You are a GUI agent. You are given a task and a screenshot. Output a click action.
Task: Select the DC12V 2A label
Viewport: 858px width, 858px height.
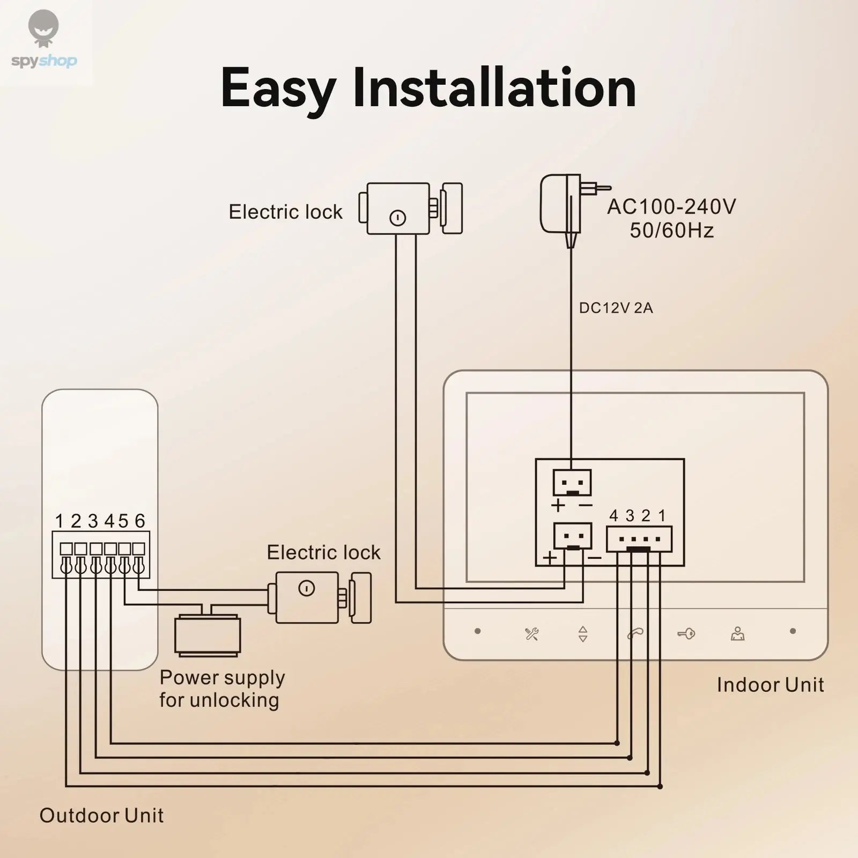coord(616,308)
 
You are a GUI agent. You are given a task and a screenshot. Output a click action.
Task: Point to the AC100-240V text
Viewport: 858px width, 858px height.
coord(671,207)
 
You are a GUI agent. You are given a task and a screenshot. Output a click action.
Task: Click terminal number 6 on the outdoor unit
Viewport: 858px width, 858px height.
coord(140,521)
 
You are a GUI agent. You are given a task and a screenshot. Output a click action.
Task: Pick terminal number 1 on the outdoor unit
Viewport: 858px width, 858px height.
coord(59,521)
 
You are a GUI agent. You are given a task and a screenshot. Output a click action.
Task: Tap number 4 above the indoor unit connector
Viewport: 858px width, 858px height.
coord(614,516)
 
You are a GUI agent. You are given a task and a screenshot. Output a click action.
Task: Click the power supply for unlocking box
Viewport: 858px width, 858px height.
coord(208,635)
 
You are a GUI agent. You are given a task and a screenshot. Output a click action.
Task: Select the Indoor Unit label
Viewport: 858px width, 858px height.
coord(770,685)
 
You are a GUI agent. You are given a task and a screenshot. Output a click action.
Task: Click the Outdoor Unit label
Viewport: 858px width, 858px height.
coord(101,816)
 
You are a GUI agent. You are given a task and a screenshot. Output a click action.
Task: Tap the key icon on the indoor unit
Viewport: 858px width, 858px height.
coord(686,634)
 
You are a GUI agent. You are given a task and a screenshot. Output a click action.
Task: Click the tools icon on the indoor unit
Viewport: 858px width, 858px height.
coord(531,634)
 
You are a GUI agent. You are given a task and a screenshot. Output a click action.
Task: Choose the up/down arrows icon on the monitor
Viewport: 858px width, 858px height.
coord(583,634)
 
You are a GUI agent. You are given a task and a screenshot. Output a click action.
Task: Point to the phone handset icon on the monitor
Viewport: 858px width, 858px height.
coord(635,634)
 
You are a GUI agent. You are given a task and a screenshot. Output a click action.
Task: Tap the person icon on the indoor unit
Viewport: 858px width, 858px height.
coord(738,634)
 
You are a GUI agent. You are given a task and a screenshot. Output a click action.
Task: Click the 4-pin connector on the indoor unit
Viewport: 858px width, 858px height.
coord(639,539)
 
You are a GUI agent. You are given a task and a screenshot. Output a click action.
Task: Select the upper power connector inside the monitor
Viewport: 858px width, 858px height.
coord(572,483)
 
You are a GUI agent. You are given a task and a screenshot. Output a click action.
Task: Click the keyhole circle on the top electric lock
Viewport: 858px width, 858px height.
coord(397,218)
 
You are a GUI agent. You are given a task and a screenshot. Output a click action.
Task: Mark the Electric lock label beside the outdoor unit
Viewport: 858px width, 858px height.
coord(323,552)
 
